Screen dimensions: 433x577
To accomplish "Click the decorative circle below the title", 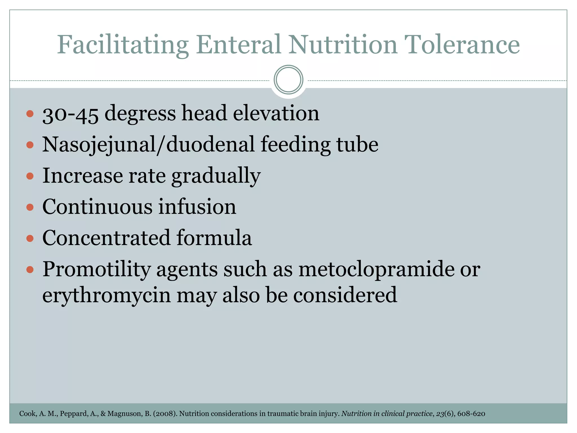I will click(x=288, y=80).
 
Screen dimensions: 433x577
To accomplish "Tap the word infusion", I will click(x=197, y=207).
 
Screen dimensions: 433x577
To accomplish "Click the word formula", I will click(x=214, y=238).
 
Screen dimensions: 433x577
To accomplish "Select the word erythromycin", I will click(x=106, y=295).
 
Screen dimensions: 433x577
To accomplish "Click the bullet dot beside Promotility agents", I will click(x=30, y=270).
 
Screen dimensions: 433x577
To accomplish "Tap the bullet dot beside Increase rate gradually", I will click(x=30, y=176).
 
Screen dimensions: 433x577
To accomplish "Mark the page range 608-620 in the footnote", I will click(x=471, y=414).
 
